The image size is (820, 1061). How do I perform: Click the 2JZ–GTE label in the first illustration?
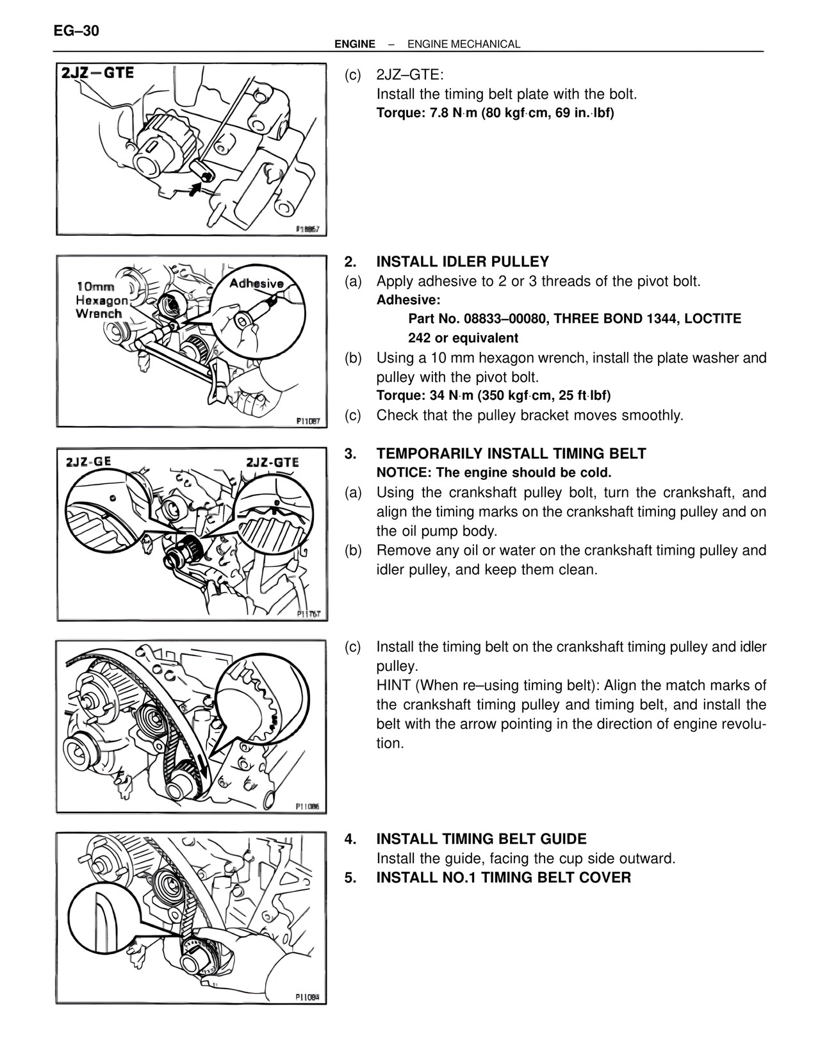coord(97,72)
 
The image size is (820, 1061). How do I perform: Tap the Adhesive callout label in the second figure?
coord(256,283)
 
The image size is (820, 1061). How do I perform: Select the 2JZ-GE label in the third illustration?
coord(88,461)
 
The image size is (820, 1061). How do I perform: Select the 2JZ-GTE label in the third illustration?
coord(272,462)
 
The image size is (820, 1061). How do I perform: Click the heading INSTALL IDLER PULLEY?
coord(463,261)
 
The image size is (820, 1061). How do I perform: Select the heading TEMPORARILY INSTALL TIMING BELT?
coord(511,454)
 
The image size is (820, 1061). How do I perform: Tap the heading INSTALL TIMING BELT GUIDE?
coord(481,839)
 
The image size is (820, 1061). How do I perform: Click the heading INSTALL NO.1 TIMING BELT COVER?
coord(504,877)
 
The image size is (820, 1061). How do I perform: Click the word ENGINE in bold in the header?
coord(355,44)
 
